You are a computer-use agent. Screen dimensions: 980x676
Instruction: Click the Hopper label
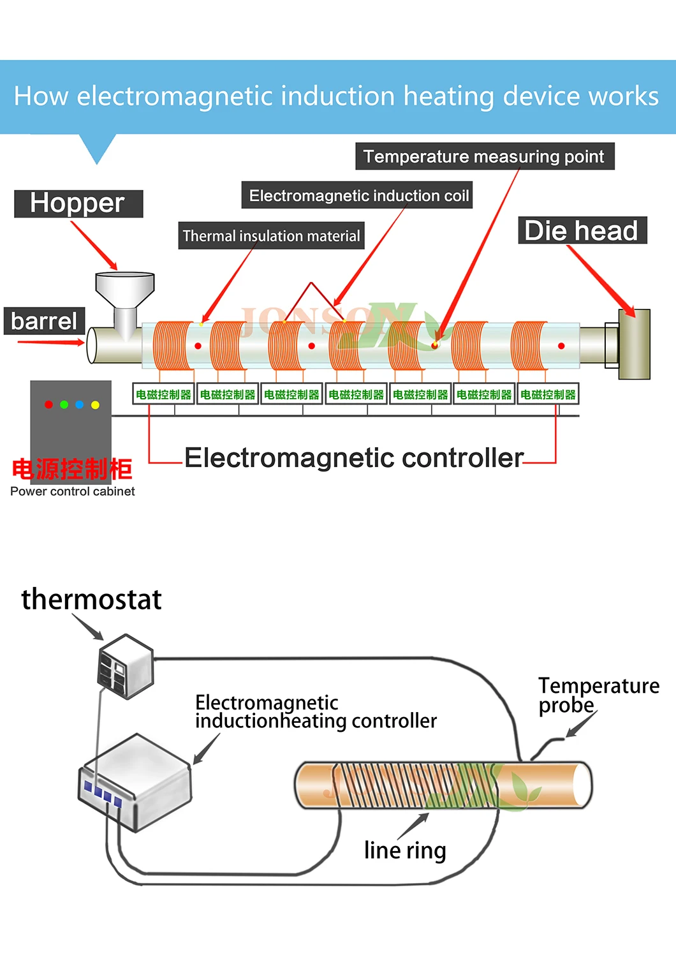[x=78, y=204]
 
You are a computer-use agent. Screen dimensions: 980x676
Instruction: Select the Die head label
[x=581, y=230]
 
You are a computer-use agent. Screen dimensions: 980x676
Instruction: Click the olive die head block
[x=635, y=345]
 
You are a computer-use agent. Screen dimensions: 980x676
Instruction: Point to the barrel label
[x=44, y=321]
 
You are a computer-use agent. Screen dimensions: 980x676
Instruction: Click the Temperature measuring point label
[x=484, y=156]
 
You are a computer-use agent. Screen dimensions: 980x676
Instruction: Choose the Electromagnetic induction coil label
[x=358, y=195]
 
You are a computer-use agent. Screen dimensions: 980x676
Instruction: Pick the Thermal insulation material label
[x=271, y=236]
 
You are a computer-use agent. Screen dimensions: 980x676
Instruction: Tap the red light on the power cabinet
[x=48, y=405]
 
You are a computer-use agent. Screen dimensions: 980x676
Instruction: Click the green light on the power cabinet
[x=64, y=405]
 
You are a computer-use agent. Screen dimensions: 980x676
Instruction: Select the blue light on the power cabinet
[x=79, y=405]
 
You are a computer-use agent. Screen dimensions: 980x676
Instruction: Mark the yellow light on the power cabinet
[x=95, y=405]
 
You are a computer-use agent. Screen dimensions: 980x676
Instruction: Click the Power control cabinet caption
[x=73, y=491]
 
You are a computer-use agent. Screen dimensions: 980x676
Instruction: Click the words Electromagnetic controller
[x=354, y=457]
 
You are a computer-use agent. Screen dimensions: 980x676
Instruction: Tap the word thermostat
[x=91, y=599]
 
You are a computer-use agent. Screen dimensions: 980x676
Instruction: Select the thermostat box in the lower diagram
[x=126, y=667]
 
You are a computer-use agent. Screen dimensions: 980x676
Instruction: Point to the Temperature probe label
[x=598, y=695]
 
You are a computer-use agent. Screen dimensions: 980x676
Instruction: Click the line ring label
[x=405, y=850]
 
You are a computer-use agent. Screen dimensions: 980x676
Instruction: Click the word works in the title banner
[x=623, y=96]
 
